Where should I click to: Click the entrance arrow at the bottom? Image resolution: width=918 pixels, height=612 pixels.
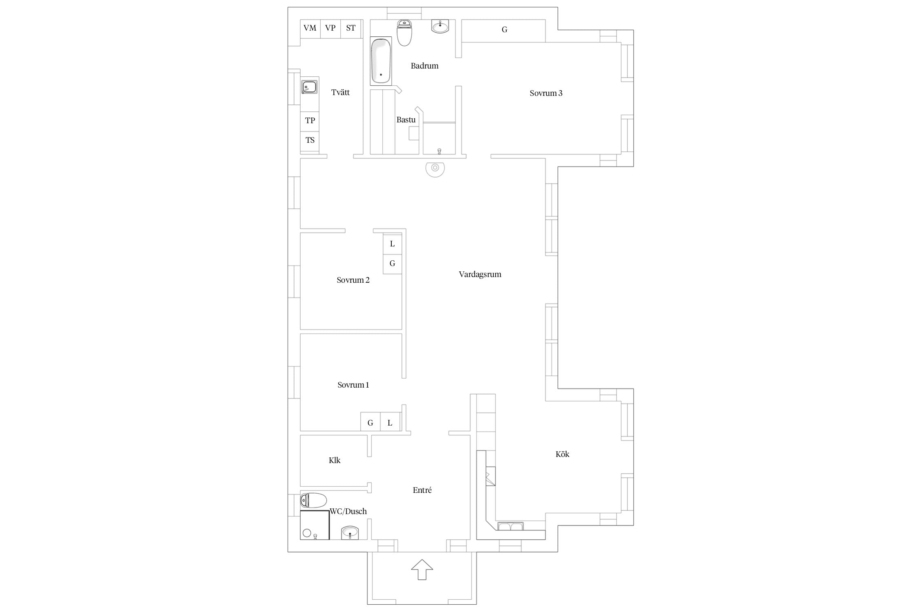[x=421, y=570]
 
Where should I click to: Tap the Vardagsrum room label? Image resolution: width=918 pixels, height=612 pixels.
[x=480, y=275]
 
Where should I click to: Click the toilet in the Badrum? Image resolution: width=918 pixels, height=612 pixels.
[x=404, y=33]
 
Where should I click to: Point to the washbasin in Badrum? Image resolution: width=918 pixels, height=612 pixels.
[x=440, y=26]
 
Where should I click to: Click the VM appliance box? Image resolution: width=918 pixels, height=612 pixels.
[x=310, y=29]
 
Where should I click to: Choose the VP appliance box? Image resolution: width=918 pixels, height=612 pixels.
[x=330, y=29]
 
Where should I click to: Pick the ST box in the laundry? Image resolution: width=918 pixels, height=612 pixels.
[x=351, y=29]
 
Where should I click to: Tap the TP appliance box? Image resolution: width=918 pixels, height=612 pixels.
[x=310, y=121]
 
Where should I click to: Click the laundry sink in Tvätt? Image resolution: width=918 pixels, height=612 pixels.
[x=309, y=87]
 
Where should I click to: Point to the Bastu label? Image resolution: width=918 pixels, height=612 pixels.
[x=406, y=120]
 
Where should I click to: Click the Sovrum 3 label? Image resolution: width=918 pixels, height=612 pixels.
[x=546, y=93]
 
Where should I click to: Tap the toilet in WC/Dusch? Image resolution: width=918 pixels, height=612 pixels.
[x=314, y=500]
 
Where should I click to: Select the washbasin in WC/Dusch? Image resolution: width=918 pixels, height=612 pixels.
[x=350, y=533]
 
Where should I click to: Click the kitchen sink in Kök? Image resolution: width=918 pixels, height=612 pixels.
[x=510, y=526]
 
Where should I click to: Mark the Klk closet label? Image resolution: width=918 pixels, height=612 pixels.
[x=335, y=461]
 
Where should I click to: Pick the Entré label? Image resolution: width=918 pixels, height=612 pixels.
[x=422, y=490]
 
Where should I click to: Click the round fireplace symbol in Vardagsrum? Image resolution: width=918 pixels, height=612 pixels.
[x=435, y=168]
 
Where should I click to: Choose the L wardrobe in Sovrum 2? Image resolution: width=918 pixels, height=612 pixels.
[x=392, y=244]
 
